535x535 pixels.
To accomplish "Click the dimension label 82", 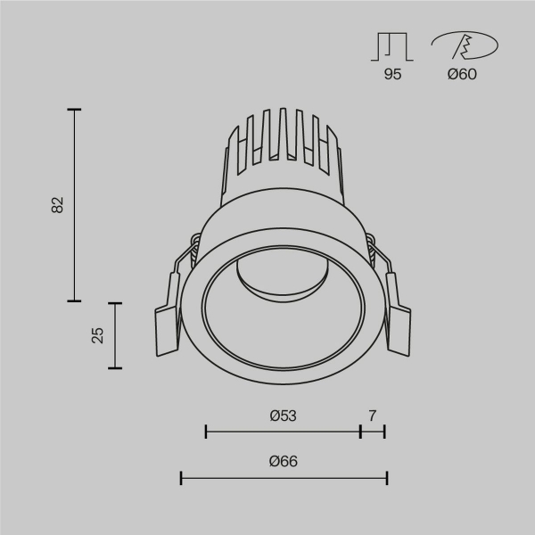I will coord(58,205).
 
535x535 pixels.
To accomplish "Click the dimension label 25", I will coord(99,334).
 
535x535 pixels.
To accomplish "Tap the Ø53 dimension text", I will coord(283,416).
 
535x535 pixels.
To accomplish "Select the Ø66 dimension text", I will coord(283,461).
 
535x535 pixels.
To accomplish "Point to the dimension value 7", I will coord(372,416).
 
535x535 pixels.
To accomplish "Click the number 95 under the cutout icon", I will coord(392,75).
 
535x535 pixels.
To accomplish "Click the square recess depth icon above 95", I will coord(392,46).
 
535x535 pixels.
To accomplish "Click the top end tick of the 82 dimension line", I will coord(74,110).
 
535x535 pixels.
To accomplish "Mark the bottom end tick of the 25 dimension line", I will coord(115,367).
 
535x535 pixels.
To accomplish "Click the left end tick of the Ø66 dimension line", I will coord(182,479).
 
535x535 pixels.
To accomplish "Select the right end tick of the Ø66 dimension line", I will coord(386,479).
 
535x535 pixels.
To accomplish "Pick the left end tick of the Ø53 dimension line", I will coord(206,432).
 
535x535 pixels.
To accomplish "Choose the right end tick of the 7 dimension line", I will coord(384,432).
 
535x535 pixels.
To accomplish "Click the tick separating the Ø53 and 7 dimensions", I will coord(360,432).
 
